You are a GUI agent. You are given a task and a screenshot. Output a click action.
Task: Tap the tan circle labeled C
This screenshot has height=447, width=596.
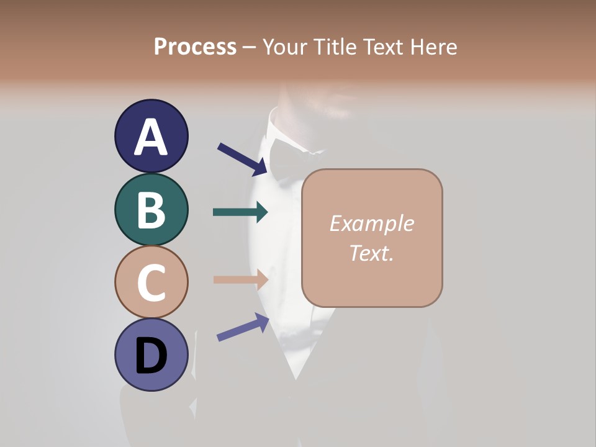(151, 282)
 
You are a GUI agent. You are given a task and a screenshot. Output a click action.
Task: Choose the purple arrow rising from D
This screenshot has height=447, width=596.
(243, 328)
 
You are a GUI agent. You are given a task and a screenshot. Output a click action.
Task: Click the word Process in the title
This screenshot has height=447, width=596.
(195, 47)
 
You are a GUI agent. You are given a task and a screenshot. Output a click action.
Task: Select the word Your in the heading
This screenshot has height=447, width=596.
(285, 47)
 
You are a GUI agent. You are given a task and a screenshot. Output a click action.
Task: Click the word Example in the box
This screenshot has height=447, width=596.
(371, 223)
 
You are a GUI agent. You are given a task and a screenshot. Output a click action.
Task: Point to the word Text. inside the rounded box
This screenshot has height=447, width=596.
(371, 253)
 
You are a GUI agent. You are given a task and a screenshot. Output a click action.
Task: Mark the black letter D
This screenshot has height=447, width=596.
(151, 356)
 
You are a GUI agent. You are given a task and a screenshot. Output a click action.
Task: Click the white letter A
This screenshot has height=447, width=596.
(151, 137)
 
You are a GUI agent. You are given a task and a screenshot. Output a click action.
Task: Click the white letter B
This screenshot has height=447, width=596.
(151, 210)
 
